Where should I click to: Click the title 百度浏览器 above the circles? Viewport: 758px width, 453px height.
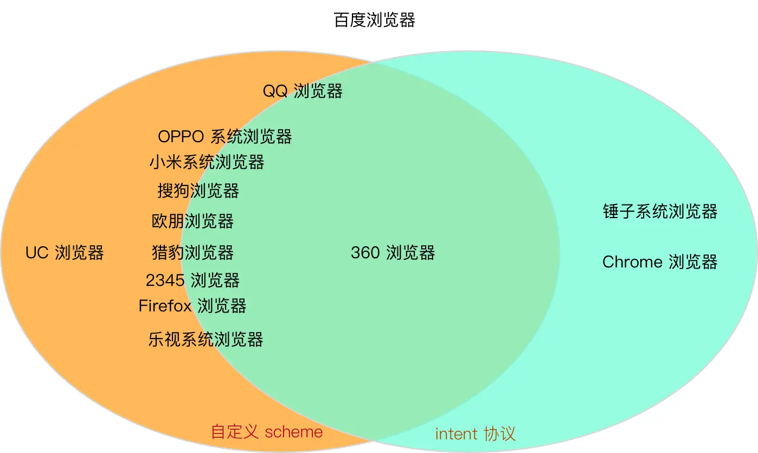pyautogui.click(x=375, y=21)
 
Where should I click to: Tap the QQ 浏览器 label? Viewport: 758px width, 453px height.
pyautogui.click(x=303, y=91)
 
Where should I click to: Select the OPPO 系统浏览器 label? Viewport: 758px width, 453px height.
pyautogui.click(x=225, y=136)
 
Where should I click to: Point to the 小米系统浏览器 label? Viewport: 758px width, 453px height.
pyautogui.click(x=207, y=162)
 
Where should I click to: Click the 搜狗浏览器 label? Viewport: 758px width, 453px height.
pyautogui.click(x=198, y=190)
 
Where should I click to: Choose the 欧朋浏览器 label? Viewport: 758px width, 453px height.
pyautogui.click(x=192, y=221)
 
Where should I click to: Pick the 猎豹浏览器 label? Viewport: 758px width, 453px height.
pyautogui.click(x=192, y=252)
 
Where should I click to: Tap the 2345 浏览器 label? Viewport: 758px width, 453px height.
pyautogui.click(x=192, y=280)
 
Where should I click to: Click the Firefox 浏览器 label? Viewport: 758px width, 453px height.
pyautogui.click(x=192, y=305)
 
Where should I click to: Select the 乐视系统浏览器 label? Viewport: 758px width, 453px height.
pyautogui.click(x=205, y=340)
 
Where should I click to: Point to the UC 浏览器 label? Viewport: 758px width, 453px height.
pyautogui.click(x=65, y=252)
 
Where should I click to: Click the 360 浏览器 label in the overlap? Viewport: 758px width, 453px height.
pyautogui.click(x=393, y=252)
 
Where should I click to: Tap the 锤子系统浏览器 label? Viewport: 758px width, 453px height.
pyautogui.click(x=660, y=211)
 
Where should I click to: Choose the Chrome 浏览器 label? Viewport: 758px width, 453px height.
pyautogui.click(x=660, y=262)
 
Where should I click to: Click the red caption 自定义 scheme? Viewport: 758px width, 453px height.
pyautogui.click(x=267, y=432)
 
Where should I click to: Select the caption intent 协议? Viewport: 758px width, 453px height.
pyautogui.click(x=475, y=433)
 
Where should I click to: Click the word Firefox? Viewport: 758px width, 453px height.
pyautogui.click(x=165, y=305)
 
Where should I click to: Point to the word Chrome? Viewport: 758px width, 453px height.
pyautogui.click(x=632, y=262)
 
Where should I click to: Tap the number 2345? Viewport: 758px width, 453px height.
pyautogui.click(x=165, y=280)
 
